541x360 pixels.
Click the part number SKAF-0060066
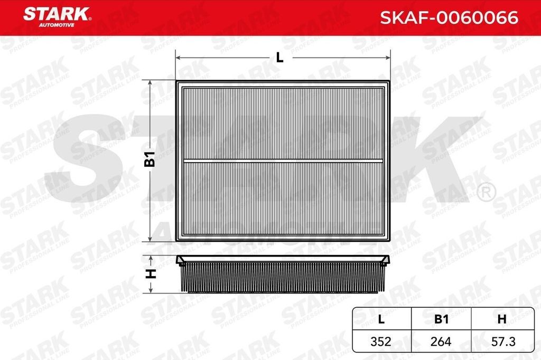tap(449, 18)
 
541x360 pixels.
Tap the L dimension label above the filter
tap(280, 58)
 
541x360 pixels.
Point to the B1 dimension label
tap(151, 159)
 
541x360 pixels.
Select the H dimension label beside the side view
tap(151, 273)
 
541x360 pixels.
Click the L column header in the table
tap(381, 318)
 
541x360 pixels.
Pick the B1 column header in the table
tap(441, 318)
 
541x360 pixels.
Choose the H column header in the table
tap(501, 318)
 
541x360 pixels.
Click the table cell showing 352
tap(381, 341)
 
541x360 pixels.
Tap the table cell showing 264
tap(441, 341)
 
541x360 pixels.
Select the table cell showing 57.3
tap(501, 341)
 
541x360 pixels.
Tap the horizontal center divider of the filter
tap(283, 160)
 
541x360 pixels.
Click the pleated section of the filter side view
tap(283, 278)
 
